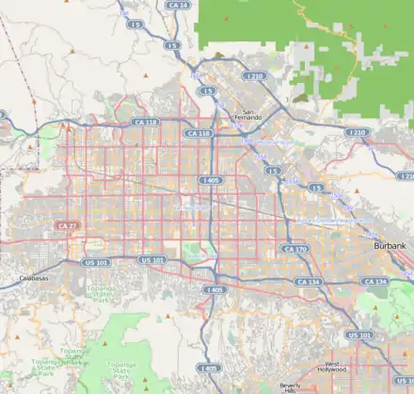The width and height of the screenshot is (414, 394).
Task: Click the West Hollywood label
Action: point(339,368)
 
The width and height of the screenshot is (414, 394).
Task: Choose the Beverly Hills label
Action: point(290,386)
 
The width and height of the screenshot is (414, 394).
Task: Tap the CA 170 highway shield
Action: point(294,250)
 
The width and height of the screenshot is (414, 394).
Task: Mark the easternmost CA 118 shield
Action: point(199,135)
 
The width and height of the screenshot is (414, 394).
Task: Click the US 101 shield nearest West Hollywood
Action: point(358,336)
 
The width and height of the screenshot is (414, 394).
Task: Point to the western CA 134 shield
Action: point(308,282)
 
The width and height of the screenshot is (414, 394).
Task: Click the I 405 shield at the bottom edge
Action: point(209,368)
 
